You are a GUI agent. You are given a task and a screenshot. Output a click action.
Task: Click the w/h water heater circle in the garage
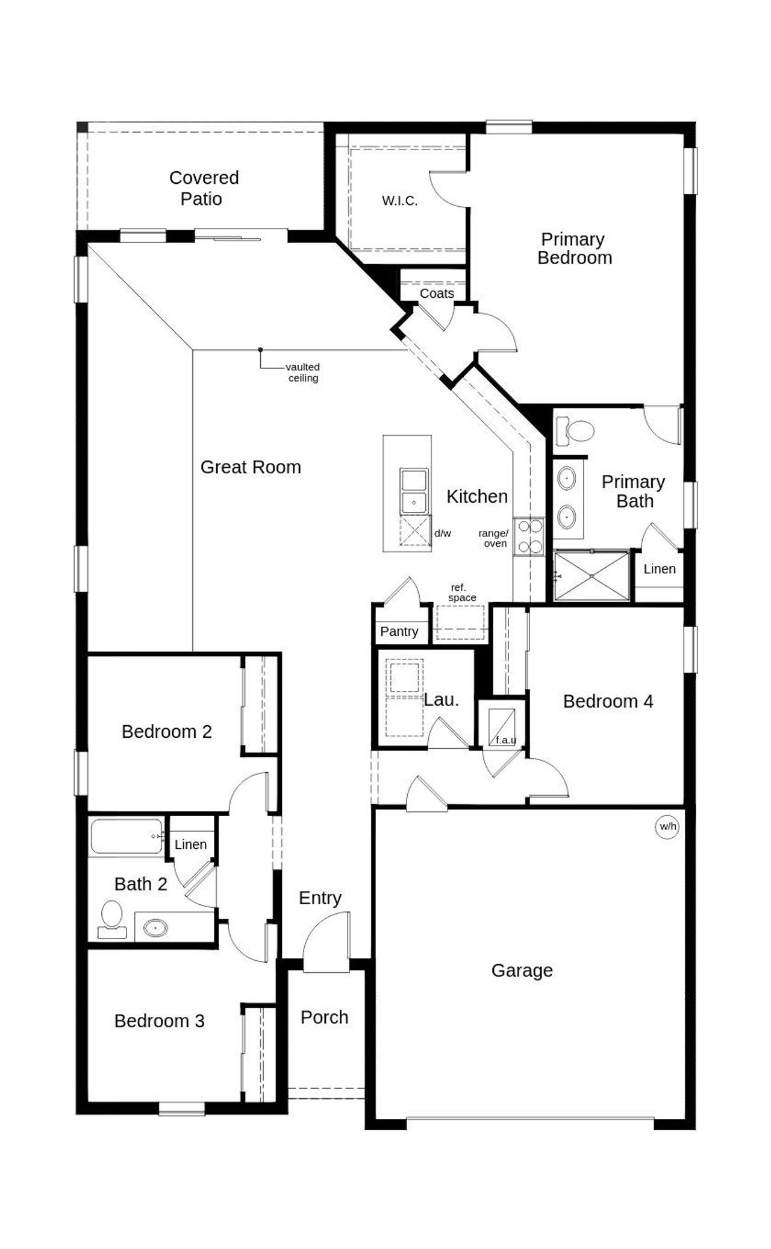tap(667, 826)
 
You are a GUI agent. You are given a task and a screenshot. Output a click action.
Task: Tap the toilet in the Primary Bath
tap(575, 430)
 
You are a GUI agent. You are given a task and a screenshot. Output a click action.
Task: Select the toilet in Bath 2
tap(112, 918)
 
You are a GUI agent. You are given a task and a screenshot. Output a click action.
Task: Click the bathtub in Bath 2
tap(126, 835)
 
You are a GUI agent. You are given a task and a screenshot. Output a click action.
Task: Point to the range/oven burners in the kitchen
tap(530, 536)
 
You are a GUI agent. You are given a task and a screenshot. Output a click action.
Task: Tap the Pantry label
tap(399, 631)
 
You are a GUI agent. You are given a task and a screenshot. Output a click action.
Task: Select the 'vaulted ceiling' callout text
tap(302, 373)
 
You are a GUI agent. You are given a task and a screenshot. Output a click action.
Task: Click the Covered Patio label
tap(203, 188)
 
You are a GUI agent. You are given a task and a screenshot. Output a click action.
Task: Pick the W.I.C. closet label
tap(399, 201)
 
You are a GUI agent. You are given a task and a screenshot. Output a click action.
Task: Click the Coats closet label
tap(437, 294)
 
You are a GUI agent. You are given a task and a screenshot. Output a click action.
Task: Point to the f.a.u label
tap(505, 740)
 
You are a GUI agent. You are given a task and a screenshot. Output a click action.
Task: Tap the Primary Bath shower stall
tap(592, 576)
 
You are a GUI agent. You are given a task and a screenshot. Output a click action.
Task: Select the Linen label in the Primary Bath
tap(659, 569)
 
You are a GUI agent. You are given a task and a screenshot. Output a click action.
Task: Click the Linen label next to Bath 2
tap(190, 845)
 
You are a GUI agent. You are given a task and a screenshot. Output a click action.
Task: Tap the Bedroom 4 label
tap(607, 702)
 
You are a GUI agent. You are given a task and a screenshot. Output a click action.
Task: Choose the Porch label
tap(324, 1018)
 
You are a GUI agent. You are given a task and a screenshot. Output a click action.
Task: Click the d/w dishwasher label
tap(443, 533)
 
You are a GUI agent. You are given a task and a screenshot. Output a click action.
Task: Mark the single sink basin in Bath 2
tap(155, 928)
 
